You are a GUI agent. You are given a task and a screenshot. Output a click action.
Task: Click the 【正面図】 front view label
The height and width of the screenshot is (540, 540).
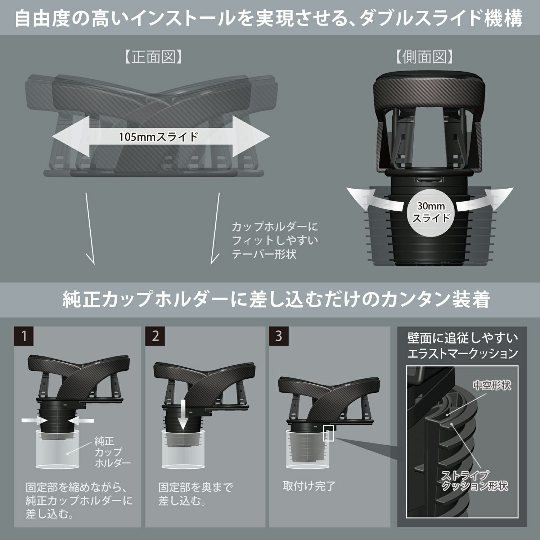coord(153,57)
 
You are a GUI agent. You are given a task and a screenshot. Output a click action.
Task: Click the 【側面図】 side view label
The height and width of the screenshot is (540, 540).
coord(424,57)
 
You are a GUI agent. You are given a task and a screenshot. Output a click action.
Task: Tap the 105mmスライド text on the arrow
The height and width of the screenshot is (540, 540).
coord(159,137)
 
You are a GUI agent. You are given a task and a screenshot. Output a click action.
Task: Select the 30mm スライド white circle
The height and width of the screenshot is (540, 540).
coord(431,212)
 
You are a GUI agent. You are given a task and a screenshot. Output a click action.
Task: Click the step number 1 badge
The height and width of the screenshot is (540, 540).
coord(24,336)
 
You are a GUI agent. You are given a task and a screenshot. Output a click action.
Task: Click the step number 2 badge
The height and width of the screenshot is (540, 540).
coord(155,336)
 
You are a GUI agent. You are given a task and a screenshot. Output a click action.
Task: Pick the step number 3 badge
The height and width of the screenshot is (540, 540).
coord(279,336)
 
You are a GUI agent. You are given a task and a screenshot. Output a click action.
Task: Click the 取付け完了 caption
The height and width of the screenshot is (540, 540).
coord(309,486)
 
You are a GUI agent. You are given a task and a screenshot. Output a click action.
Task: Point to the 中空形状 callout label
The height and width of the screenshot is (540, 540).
coord(492,386)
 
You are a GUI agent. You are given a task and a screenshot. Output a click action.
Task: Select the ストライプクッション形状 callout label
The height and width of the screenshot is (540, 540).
coord(474,481)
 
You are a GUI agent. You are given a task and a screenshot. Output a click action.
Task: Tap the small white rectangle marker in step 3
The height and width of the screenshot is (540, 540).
coord(329,433)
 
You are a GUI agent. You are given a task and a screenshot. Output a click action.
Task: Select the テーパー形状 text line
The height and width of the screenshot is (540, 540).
coord(264,254)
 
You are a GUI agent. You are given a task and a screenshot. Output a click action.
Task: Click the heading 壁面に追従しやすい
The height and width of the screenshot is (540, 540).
coord(462,338)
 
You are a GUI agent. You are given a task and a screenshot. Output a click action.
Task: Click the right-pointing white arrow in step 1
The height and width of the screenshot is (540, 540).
coord(34,420)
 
